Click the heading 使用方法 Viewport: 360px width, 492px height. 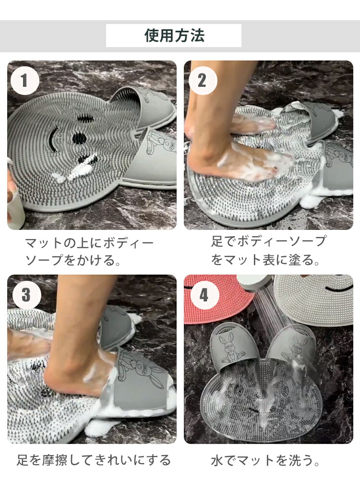point(174,35)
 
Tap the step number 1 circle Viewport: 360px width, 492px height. point(25,81)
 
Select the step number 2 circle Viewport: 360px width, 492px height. point(203,81)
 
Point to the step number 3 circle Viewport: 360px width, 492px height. point(26,295)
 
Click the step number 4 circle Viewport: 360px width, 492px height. point(204,295)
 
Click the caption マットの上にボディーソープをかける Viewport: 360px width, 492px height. point(89,252)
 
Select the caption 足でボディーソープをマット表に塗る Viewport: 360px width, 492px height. point(269,251)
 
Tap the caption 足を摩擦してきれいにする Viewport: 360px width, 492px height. point(94,460)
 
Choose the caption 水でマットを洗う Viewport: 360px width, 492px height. point(265,460)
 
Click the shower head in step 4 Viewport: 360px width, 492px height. point(255,283)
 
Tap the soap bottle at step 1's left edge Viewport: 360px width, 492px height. point(14,204)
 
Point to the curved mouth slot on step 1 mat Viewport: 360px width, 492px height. point(52,140)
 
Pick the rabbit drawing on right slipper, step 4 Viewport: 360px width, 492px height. point(295,348)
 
